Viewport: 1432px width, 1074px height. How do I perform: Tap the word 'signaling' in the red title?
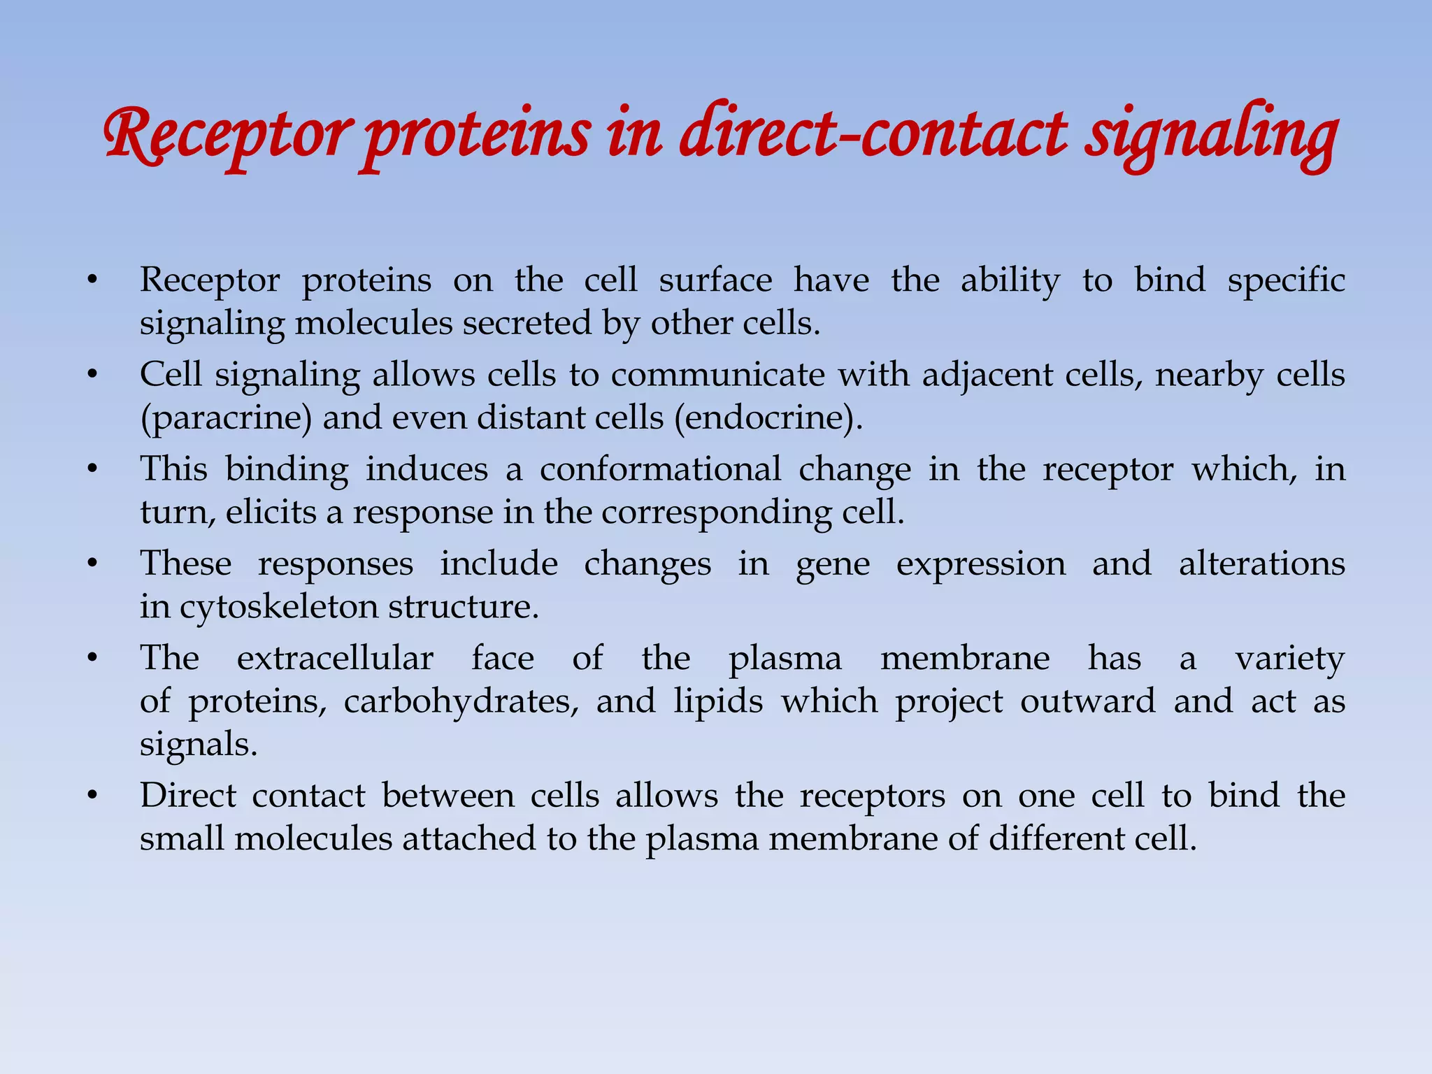1211,136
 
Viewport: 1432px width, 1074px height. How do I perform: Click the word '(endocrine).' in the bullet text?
768,418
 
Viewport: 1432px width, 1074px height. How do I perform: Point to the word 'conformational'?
660,468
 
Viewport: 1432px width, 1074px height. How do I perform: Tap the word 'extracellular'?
335,659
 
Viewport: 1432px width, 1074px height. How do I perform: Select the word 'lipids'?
718,701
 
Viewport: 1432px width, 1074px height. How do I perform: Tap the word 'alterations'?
1261,564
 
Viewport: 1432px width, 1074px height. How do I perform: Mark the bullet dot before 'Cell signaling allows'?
92,375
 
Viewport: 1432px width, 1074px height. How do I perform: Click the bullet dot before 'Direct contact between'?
92,796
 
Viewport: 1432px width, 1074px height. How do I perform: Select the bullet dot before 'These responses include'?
92,564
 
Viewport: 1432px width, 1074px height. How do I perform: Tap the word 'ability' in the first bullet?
1010,281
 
